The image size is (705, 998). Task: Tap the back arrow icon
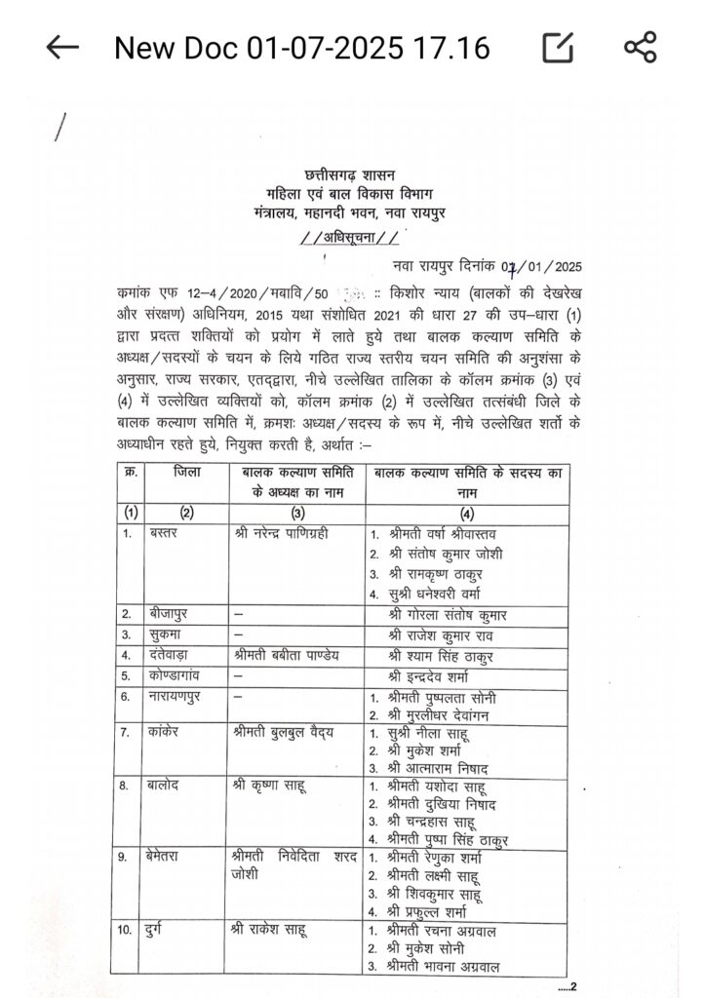click(62, 47)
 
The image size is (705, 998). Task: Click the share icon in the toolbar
click(641, 47)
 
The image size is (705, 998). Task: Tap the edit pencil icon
click(557, 47)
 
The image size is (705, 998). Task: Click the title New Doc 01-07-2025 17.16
click(302, 47)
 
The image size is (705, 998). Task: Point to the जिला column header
click(188, 472)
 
